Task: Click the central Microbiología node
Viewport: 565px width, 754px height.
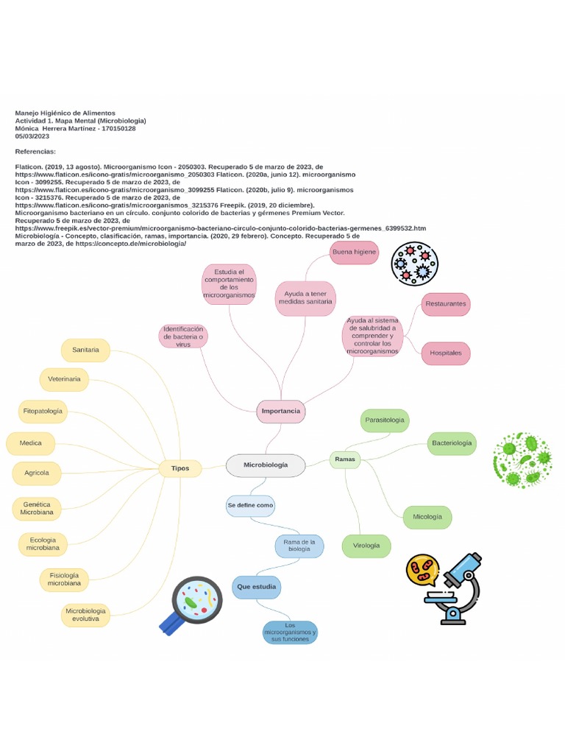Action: [x=266, y=465]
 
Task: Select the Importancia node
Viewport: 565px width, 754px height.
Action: [x=281, y=411]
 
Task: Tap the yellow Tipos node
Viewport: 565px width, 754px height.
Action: [x=180, y=468]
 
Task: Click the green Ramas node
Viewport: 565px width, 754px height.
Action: [x=345, y=459]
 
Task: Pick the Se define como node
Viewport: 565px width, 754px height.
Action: [x=250, y=506]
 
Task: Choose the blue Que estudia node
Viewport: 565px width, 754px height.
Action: [x=257, y=587]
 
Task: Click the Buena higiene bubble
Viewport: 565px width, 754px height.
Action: [x=355, y=253]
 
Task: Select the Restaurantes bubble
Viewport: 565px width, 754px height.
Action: [x=446, y=304]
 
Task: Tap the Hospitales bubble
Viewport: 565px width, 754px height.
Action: [x=446, y=353]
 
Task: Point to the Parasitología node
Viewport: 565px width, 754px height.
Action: [x=384, y=420]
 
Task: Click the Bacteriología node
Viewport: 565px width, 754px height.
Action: [x=452, y=443]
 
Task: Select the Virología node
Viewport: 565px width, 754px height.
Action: [x=366, y=546]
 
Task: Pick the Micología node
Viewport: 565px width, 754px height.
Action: [x=427, y=518]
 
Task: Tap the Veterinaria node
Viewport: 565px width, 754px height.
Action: [x=65, y=379]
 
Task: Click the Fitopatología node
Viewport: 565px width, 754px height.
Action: [x=43, y=411]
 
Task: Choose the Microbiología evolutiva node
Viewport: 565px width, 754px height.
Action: [x=86, y=615]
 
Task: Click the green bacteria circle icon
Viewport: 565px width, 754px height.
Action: [x=522, y=459]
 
